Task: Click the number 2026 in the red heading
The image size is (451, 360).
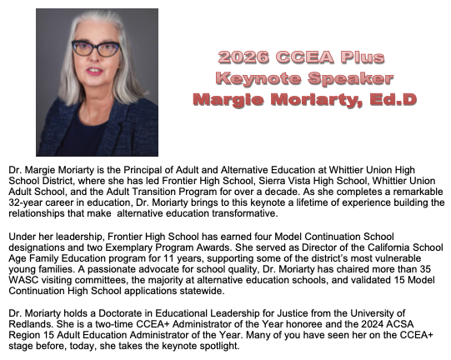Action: click(238, 58)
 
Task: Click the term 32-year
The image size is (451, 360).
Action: click(23, 202)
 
